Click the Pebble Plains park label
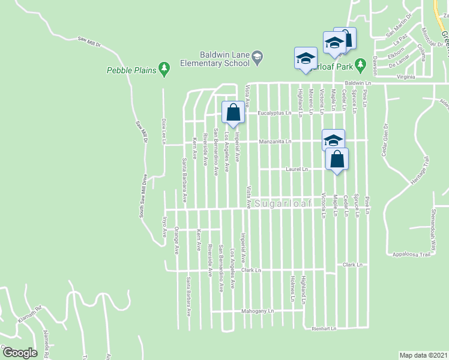(x=131, y=70)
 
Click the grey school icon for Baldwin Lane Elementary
(x=258, y=56)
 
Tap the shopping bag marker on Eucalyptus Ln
(x=233, y=112)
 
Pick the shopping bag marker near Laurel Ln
(x=337, y=160)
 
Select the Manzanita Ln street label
(x=275, y=142)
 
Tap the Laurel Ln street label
(x=297, y=170)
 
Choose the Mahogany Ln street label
(x=258, y=311)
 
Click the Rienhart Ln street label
(x=324, y=329)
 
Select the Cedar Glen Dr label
(x=384, y=140)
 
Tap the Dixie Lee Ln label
(x=163, y=130)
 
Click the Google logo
(x=20, y=352)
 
